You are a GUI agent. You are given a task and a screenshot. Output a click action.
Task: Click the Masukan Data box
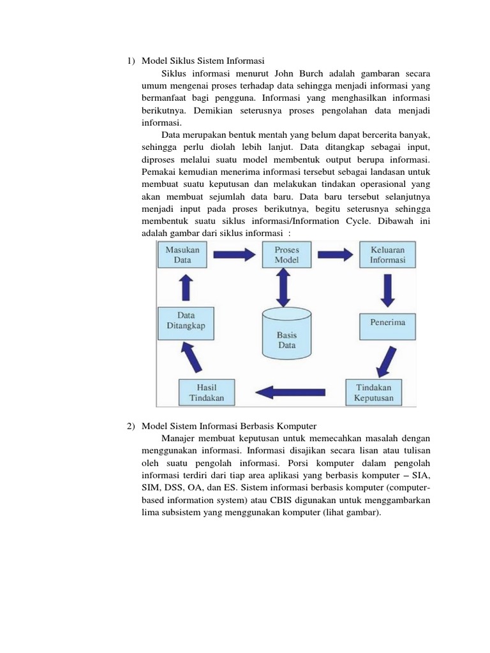[182, 255]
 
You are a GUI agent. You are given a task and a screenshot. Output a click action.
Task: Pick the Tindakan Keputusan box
[373, 392]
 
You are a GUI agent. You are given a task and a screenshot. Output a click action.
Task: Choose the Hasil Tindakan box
[206, 392]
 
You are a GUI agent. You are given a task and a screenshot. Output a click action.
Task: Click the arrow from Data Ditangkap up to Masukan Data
[186, 288]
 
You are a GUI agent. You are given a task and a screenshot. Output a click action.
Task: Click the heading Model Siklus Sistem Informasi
[202, 61]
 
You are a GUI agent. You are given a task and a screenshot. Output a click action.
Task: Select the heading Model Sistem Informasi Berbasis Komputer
[229, 425]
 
